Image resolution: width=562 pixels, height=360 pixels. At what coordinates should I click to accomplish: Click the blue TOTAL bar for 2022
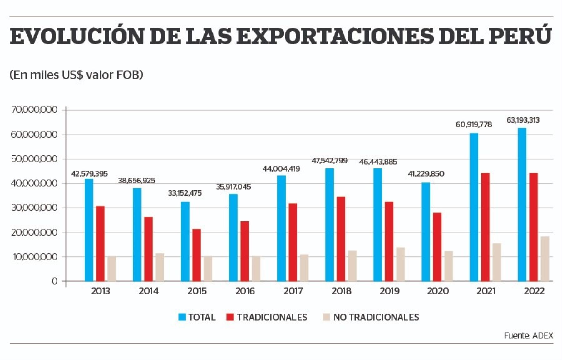522,204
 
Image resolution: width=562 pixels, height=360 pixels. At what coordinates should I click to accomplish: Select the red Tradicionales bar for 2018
341,239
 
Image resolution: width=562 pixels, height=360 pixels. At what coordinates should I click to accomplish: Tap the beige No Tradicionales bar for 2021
497,262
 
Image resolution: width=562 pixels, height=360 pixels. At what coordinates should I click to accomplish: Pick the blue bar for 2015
185,241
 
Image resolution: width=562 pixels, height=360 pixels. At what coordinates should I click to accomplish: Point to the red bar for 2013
100,243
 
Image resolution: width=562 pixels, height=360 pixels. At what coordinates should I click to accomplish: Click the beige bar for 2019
401,264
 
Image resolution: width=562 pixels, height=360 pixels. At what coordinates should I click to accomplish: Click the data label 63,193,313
523,120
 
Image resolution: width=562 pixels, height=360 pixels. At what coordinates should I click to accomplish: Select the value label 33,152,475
185,193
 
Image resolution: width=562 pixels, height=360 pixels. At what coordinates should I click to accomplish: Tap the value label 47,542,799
329,161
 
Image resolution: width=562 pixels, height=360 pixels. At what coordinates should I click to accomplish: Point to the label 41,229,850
426,174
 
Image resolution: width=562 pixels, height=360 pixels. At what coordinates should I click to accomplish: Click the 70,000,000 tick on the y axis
34,110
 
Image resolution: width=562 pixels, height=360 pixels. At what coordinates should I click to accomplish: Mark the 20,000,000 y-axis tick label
34,232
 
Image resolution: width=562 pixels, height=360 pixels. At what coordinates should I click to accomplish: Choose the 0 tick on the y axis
54,281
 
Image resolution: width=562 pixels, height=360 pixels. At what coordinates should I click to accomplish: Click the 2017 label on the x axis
293,291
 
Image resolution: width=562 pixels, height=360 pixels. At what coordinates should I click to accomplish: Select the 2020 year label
438,291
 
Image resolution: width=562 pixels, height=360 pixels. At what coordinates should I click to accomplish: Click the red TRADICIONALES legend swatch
230,317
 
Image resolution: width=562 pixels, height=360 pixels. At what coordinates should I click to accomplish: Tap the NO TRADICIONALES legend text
376,317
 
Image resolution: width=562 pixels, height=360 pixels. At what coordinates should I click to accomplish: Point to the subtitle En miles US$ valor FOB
76,75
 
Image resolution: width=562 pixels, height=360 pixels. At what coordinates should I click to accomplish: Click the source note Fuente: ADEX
528,336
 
